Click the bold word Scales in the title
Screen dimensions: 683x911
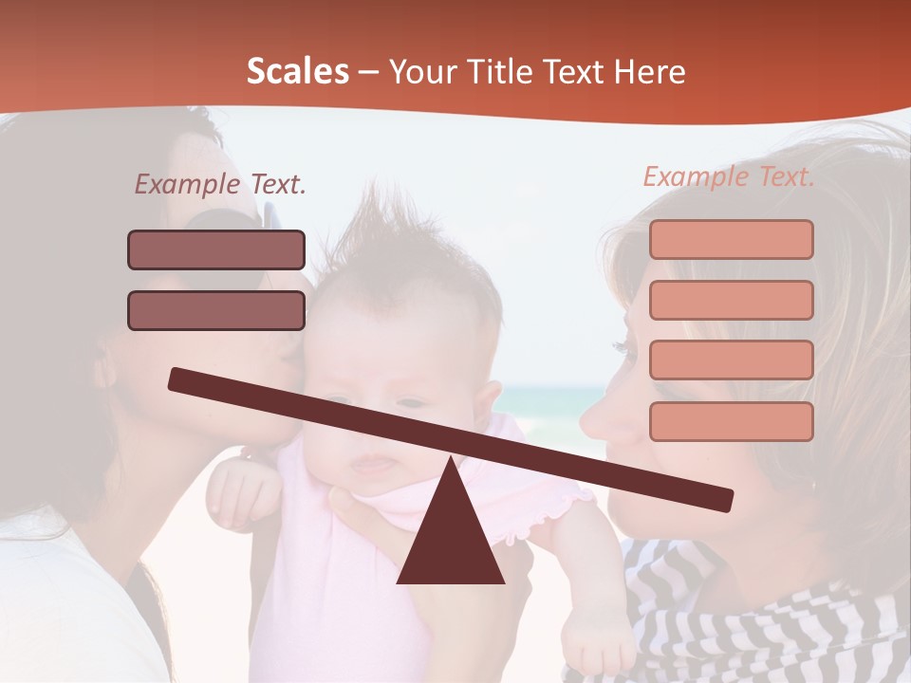(298, 72)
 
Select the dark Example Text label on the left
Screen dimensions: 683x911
(220, 185)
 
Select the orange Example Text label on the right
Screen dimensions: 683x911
(729, 176)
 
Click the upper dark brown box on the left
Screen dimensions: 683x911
(216, 250)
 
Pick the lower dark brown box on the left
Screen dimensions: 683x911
(216, 310)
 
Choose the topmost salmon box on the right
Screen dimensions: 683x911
(732, 240)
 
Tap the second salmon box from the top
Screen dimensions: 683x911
(732, 300)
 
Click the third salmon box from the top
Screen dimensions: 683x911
(732, 360)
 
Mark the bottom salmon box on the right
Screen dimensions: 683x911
(732, 421)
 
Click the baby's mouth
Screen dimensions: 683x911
(375, 465)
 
